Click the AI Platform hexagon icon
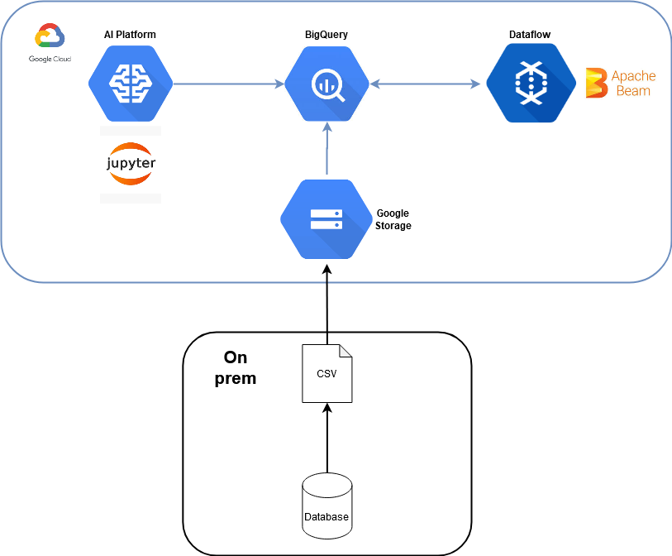point(131,84)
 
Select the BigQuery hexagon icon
point(326,84)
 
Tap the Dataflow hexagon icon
point(530,84)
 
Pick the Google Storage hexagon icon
point(326,219)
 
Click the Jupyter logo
point(131,163)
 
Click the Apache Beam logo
point(621,84)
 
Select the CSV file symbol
point(326,373)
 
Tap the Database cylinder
point(326,505)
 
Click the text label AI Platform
point(131,35)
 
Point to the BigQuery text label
point(326,35)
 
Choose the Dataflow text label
point(530,35)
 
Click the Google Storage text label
point(393,219)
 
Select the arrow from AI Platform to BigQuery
point(227,84)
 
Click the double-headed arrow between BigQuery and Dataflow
point(426,84)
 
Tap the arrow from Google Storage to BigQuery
point(327,149)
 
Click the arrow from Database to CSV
point(326,439)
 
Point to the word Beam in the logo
point(633,91)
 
